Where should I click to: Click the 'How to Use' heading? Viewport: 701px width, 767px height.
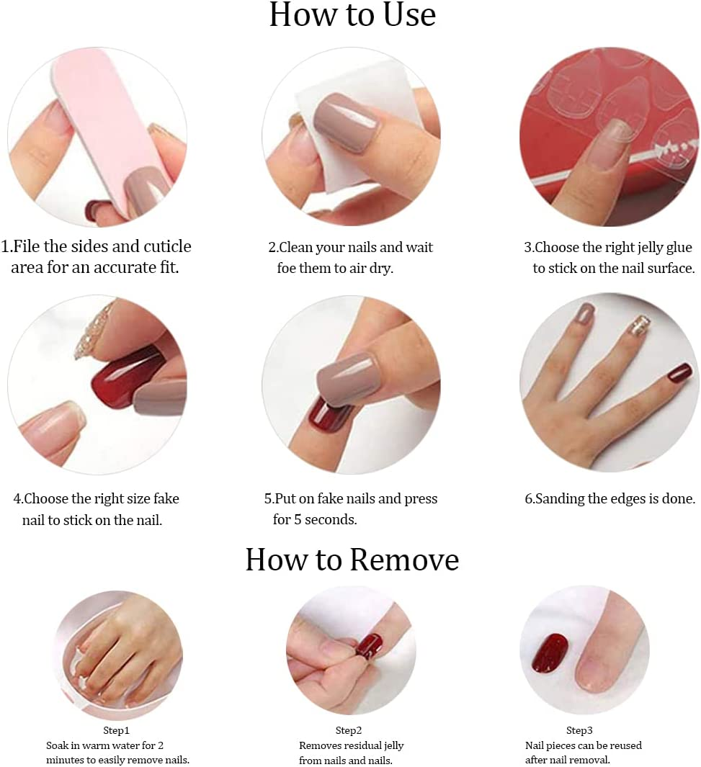click(352, 16)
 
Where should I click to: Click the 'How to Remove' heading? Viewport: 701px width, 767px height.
click(352, 560)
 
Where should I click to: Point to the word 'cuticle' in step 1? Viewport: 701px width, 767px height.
click(165, 246)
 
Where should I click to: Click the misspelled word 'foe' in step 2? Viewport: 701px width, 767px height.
click(287, 268)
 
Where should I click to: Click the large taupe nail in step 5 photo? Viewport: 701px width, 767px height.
click(348, 379)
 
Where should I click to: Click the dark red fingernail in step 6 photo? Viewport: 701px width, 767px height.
click(679, 372)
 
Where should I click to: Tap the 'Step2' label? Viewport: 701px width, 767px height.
click(349, 730)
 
